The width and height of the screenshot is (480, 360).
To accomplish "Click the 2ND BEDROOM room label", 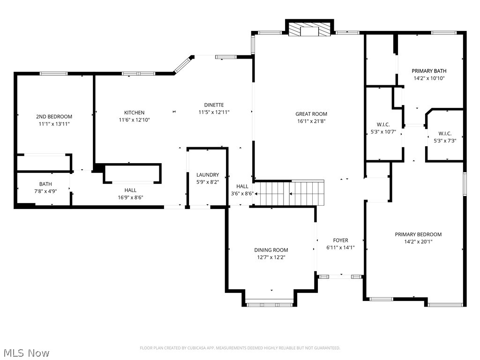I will (x=54, y=116).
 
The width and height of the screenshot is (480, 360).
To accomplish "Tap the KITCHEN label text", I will (x=134, y=112).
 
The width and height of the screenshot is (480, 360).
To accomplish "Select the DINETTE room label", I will (x=214, y=105).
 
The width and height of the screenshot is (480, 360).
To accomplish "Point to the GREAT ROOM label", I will (x=311, y=114).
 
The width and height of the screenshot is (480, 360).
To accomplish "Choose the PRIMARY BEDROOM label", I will (x=418, y=234).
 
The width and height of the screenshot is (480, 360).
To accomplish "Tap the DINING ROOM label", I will (x=271, y=250).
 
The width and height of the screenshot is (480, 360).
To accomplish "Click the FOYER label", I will (x=340, y=240).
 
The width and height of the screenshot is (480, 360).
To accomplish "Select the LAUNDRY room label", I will (x=207, y=175).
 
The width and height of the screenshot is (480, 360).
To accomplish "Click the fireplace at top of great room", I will (x=309, y=31).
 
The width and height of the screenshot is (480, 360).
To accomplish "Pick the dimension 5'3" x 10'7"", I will (x=383, y=132).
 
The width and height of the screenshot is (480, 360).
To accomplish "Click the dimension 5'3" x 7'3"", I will (x=445, y=140).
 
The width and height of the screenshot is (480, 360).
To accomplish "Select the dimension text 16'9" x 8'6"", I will (x=130, y=197).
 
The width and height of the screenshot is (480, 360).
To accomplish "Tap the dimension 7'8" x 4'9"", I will (x=45, y=191).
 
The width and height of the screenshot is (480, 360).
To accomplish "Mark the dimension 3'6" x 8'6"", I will (x=242, y=193).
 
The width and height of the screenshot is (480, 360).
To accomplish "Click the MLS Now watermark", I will (x=26, y=352).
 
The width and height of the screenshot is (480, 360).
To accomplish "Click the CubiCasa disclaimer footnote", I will (x=240, y=348).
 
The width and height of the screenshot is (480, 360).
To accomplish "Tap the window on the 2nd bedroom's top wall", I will (x=53, y=74).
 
